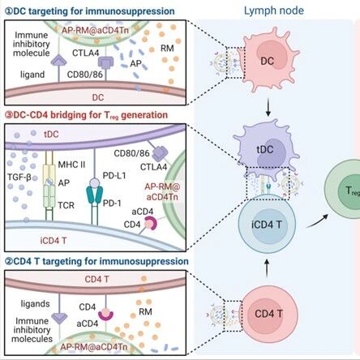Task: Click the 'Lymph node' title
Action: point(274,11)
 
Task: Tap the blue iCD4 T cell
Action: point(267,224)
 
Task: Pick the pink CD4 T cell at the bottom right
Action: point(268,314)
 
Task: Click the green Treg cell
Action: point(343,189)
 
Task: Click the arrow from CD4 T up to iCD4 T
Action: point(267,268)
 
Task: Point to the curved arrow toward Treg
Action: point(317,221)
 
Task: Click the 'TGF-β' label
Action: point(19,178)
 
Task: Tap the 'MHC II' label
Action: point(71,165)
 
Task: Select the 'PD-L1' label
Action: point(114,176)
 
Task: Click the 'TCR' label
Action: point(66,205)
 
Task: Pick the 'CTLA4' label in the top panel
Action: point(85,53)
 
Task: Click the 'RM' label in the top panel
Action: point(167,49)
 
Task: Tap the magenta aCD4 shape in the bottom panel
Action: point(105,315)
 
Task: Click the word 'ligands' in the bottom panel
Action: point(35,304)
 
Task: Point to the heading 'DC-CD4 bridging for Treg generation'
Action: point(87,115)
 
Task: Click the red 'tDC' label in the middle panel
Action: point(51,134)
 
